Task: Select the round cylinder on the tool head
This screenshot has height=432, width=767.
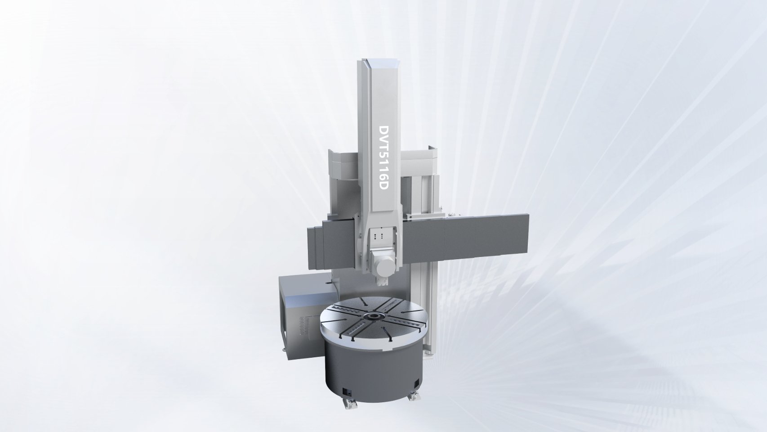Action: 385,265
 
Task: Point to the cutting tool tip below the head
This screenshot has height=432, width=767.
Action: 383,282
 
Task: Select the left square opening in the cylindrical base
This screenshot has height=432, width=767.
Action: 347,392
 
